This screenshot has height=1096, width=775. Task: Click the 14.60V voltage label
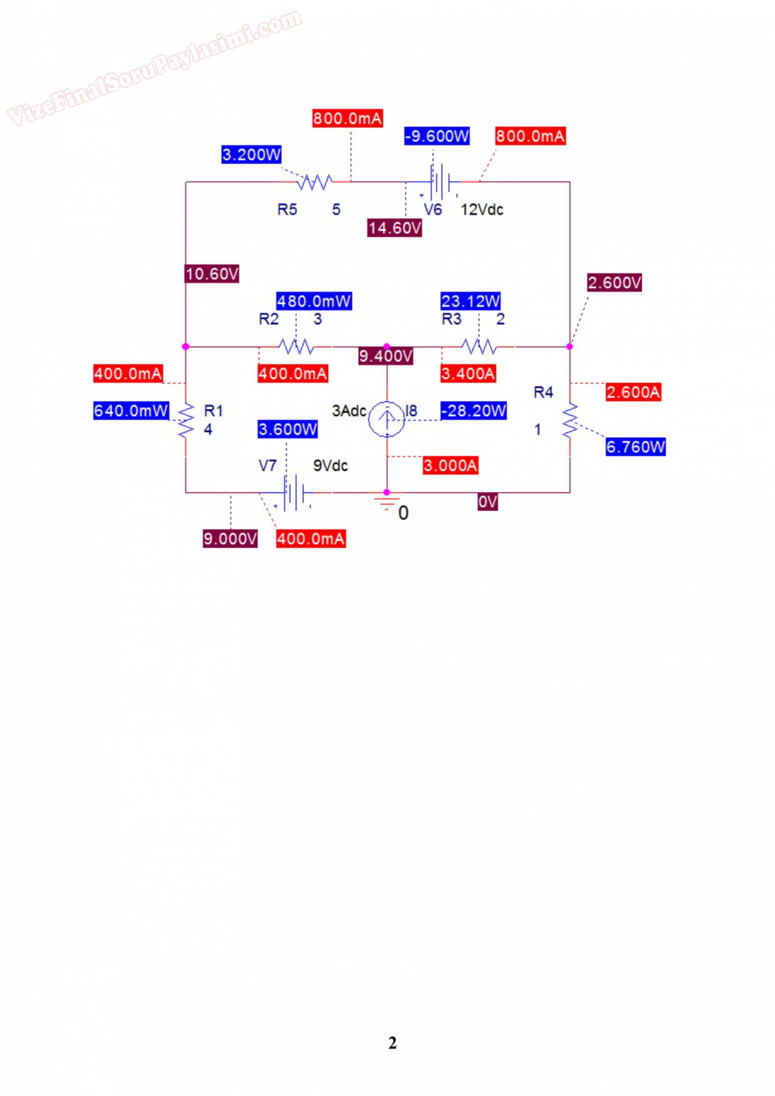coord(394,228)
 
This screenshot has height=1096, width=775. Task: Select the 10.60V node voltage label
coord(212,274)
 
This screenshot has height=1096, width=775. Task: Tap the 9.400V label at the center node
coord(386,356)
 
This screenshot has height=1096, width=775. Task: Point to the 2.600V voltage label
coord(614,282)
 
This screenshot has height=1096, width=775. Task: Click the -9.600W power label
coord(437,136)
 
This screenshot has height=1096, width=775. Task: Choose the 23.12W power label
coord(471,301)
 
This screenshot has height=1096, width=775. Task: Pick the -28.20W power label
coord(474,411)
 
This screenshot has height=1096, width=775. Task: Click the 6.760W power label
coord(636,447)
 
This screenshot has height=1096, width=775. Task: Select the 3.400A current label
coord(468,374)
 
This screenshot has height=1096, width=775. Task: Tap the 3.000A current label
coord(450,465)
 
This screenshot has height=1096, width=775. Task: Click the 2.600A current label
coord(633,392)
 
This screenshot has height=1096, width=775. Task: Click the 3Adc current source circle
coord(386,418)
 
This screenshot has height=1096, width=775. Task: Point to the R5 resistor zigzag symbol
coord(314,182)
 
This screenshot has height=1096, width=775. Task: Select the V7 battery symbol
coord(292,493)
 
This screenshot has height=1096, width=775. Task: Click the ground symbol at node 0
coord(387,501)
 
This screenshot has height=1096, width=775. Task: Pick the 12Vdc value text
coord(482,210)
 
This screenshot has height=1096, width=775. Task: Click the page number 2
coord(392,1043)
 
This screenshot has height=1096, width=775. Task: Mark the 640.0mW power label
coord(131,411)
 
